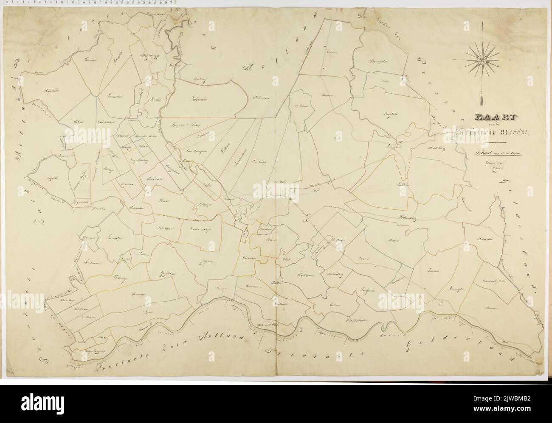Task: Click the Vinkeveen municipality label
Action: (110, 97)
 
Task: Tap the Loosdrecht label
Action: (200, 98)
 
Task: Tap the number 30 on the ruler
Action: (170, 2)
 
